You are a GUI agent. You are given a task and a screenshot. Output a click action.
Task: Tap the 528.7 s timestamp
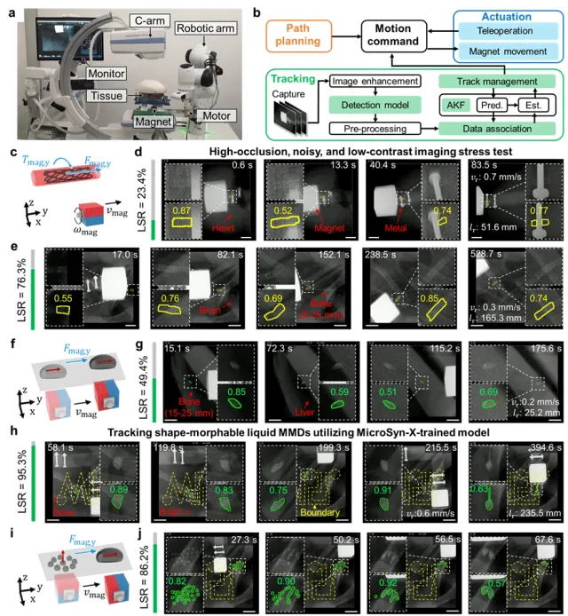tap(539, 256)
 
